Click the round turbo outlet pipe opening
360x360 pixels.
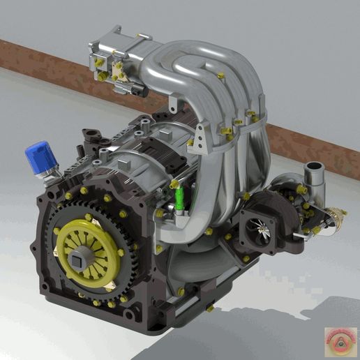point(315,167)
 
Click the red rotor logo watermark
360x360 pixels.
point(340,340)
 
